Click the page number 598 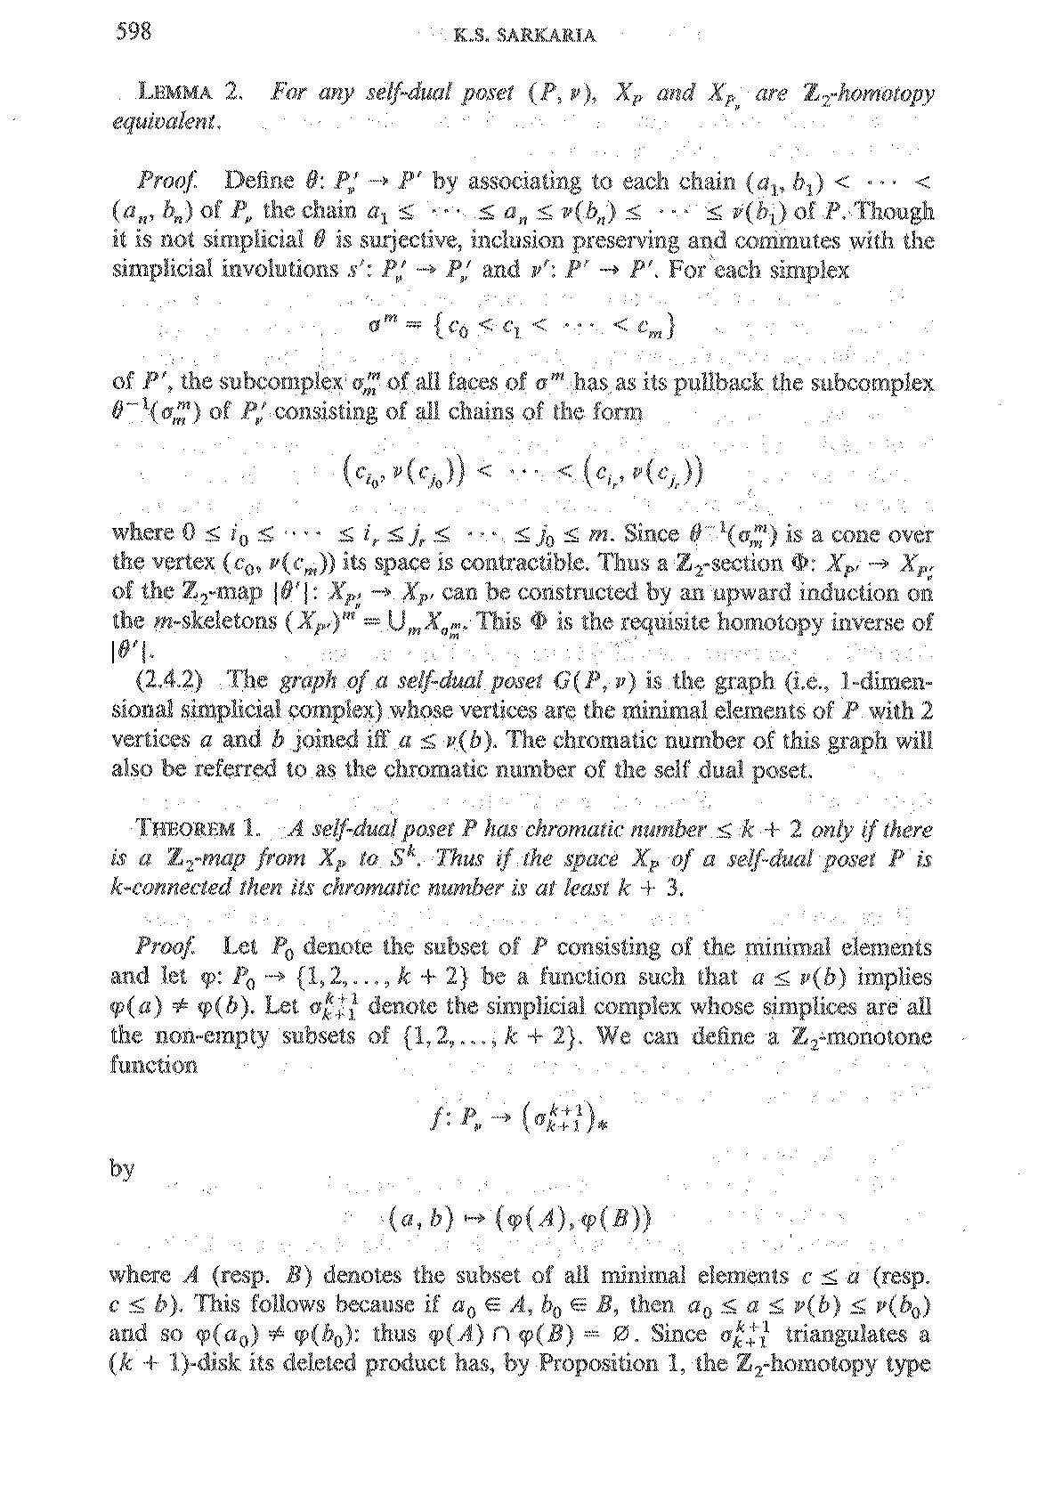[x=135, y=33]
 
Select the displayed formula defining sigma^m [x=523, y=328]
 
